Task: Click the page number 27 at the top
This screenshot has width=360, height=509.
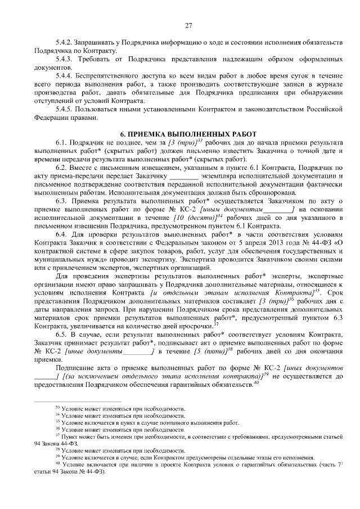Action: point(188,24)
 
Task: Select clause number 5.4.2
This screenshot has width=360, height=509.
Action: point(64,43)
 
